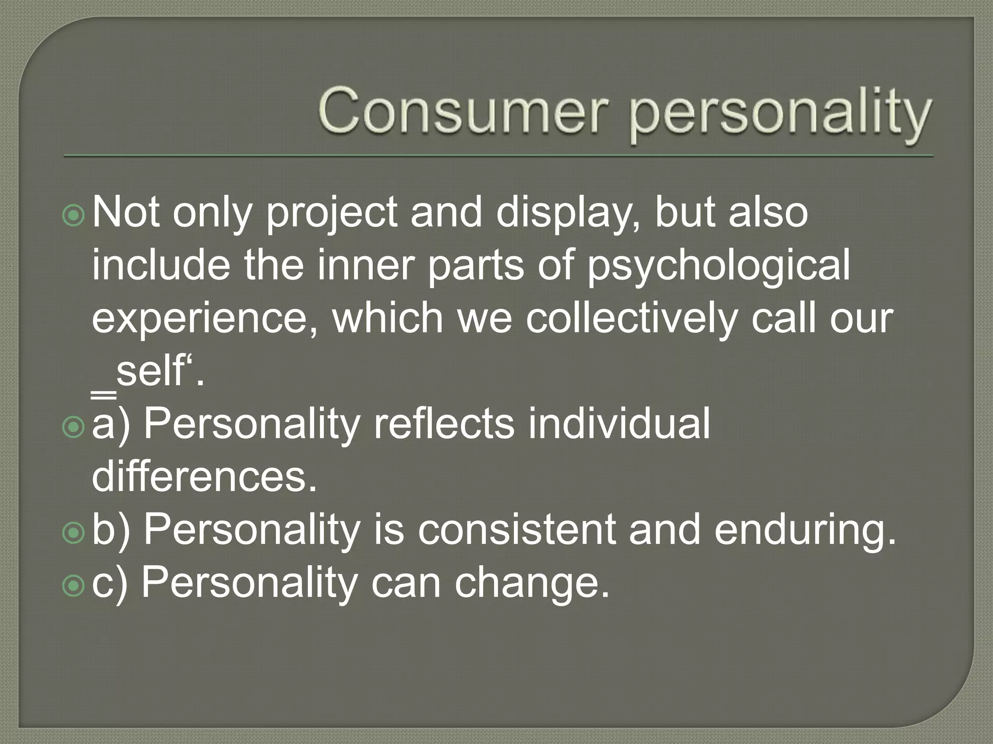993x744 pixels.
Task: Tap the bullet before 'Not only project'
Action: click(x=74, y=216)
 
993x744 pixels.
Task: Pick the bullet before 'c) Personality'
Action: click(x=74, y=585)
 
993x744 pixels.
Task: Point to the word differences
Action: click(x=204, y=477)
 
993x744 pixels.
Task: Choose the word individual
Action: click(x=619, y=424)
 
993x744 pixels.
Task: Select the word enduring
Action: click(x=805, y=532)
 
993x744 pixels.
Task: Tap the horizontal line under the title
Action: click(x=498, y=156)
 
